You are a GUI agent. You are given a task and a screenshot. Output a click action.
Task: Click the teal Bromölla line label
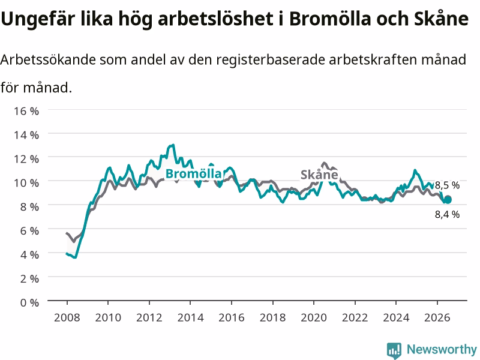[x=193, y=174]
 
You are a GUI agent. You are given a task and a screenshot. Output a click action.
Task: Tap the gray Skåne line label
[x=319, y=175]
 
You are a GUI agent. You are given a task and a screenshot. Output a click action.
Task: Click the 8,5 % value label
[x=447, y=185]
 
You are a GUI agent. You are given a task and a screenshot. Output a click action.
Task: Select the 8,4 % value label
[x=447, y=214]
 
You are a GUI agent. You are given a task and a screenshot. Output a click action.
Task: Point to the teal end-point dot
[x=448, y=200]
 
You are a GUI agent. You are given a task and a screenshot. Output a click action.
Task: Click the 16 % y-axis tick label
[x=26, y=111]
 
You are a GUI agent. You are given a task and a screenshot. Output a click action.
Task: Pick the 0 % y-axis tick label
[x=29, y=302]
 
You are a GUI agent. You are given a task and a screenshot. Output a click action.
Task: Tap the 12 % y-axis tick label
[x=26, y=159]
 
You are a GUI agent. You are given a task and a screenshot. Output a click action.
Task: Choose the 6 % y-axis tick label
[x=29, y=230]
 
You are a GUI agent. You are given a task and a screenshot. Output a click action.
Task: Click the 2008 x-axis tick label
[x=67, y=317]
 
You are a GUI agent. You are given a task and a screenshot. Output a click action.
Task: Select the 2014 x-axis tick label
[x=190, y=317]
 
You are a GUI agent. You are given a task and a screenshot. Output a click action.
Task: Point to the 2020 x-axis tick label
[x=314, y=317]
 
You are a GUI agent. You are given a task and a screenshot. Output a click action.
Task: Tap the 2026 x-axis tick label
[x=437, y=317]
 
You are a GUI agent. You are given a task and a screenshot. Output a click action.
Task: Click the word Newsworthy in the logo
[x=442, y=349]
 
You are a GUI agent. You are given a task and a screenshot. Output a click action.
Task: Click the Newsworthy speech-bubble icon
[x=394, y=350]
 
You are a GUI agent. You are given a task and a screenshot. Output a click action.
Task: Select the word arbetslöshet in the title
[x=215, y=19]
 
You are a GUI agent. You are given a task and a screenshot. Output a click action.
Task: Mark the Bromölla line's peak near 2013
[x=173, y=145]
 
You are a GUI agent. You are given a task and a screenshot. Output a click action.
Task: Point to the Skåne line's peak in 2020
[x=324, y=163]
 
